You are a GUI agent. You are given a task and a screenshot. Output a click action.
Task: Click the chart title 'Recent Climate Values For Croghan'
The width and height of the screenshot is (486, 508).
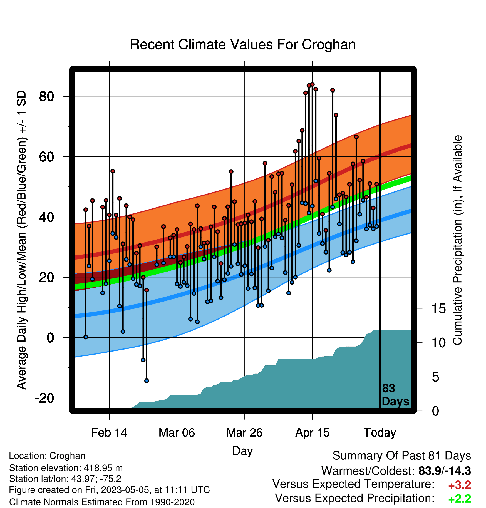(x=243, y=44)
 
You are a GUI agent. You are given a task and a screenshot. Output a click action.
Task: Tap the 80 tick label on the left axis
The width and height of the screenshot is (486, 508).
(x=47, y=97)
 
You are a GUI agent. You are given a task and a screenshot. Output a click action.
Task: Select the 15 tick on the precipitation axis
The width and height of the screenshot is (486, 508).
(x=438, y=309)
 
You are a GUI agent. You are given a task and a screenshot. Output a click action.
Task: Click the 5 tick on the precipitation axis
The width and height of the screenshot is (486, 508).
(x=435, y=377)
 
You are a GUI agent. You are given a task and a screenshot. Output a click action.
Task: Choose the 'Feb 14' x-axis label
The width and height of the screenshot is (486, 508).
(x=109, y=433)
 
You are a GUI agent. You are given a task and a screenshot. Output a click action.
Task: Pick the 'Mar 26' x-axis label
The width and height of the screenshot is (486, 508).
(x=244, y=433)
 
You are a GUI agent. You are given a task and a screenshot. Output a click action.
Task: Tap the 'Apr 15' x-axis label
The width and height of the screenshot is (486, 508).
(x=312, y=433)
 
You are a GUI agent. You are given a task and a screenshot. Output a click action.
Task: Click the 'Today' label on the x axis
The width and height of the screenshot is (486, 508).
(x=380, y=433)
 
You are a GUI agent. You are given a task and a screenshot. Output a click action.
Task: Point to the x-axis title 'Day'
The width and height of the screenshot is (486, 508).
(x=242, y=451)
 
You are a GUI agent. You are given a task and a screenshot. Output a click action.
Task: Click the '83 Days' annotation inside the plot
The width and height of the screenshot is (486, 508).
(x=395, y=395)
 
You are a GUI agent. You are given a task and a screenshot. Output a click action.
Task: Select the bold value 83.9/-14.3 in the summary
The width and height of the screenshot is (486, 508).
(x=445, y=471)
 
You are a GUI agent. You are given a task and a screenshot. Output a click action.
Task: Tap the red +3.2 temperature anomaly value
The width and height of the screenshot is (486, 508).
(x=460, y=485)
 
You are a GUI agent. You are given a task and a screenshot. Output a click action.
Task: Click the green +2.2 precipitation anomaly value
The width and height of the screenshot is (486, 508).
(x=460, y=499)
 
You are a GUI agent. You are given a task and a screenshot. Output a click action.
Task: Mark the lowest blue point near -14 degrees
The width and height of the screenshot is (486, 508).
(x=147, y=381)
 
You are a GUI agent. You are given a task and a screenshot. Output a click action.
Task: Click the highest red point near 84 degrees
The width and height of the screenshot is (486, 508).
(x=312, y=84)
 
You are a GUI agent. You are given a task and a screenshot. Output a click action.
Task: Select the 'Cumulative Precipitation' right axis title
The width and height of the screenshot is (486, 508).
(x=457, y=240)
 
